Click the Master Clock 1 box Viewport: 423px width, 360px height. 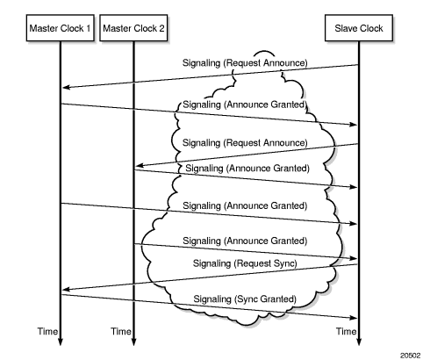[x=61, y=28]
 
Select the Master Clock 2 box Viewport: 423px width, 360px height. [x=133, y=28]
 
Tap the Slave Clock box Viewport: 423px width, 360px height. [x=359, y=28]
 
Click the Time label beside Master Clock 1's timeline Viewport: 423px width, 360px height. [x=47, y=331]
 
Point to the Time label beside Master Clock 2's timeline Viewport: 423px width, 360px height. [x=120, y=331]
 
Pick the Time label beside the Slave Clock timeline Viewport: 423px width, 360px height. [x=346, y=331]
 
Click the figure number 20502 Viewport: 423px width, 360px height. [x=410, y=356]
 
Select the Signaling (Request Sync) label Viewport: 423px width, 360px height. [x=245, y=263]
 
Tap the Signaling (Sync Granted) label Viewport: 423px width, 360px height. [x=245, y=299]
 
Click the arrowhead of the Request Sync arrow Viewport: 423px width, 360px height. [x=66, y=290]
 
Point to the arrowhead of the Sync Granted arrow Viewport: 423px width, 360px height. [x=354, y=318]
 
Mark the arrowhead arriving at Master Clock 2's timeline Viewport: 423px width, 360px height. [x=140, y=166]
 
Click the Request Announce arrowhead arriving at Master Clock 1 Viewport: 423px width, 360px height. [x=66, y=87]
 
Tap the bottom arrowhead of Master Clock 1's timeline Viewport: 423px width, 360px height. [x=61, y=342]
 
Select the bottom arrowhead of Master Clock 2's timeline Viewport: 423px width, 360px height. [x=133, y=342]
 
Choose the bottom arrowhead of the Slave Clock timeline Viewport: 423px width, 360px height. [x=359, y=342]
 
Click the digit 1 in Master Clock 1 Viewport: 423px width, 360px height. [x=88, y=28]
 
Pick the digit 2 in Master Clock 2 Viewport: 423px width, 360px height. [x=161, y=28]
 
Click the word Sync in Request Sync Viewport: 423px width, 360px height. [x=285, y=263]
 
